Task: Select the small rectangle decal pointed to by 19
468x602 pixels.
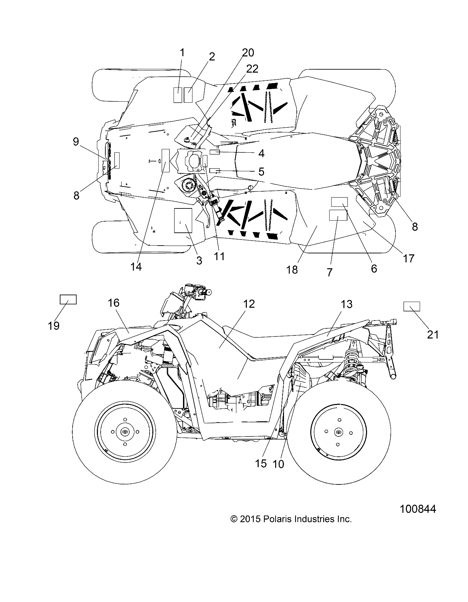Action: pos(68,299)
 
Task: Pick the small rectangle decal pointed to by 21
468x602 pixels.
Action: pos(412,306)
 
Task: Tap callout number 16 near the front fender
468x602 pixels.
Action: pos(113,303)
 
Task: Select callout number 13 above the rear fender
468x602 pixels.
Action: pos(346,304)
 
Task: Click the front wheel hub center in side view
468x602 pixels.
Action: pos(125,432)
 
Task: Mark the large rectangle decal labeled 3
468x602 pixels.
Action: pos(183,221)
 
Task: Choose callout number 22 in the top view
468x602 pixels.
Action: pos(252,69)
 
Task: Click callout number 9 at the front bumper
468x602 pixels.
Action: pos(76,142)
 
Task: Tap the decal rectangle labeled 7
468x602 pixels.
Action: pos(338,215)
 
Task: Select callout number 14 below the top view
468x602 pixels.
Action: pos(136,266)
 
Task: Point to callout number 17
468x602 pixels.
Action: pos(409,258)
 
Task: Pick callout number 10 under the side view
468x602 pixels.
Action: pos(278,464)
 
